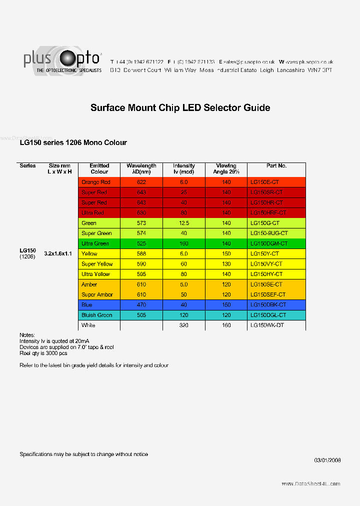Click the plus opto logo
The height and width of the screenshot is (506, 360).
(62, 61)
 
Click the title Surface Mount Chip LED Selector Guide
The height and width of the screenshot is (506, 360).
(180, 107)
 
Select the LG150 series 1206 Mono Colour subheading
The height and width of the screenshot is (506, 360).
(73, 142)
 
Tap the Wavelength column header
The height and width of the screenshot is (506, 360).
(141, 168)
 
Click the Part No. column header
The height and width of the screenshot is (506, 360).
(276, 165)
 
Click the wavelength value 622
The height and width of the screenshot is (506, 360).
(141, 182)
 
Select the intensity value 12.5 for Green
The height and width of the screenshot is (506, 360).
(184, 223)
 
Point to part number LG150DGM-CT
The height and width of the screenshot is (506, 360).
(269, 243)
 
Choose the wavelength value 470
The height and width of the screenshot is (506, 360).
(141, 305)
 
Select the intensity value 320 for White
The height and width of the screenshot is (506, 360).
(184, 325)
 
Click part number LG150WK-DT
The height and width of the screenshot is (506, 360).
(267, 325)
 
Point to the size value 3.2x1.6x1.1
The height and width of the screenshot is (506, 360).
(58, 253)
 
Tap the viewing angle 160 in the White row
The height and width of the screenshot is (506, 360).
(226, 325)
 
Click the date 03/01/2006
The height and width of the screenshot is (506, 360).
(327, 460)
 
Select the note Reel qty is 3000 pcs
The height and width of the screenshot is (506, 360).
(43, 353)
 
